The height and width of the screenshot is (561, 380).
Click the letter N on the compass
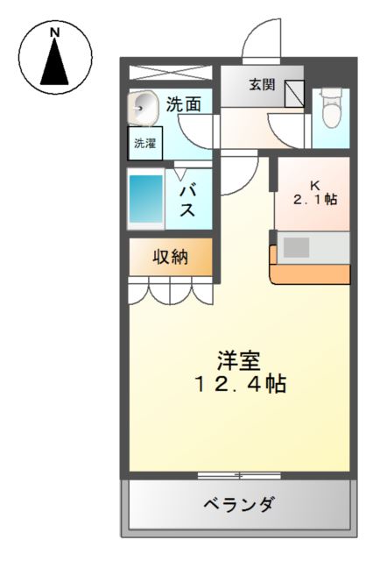point(54,33)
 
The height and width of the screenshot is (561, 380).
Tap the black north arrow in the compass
point(54,61)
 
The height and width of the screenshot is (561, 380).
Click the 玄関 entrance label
point(262,84)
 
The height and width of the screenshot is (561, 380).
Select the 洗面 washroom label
point(184,104)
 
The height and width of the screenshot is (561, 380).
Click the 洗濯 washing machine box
point(145,144)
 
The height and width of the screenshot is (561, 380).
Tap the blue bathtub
point(146,199)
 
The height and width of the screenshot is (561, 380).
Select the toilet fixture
point(331,108)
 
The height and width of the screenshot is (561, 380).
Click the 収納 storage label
point(171,257)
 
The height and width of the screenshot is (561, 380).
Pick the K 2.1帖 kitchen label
point(315,193)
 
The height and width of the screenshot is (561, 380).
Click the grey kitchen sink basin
point(296,247)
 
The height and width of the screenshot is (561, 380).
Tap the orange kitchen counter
point(310,274)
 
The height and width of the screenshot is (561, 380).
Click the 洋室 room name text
point(239,361)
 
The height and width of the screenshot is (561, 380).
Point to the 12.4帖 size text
point(240,384)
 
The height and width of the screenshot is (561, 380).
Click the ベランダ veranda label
point(239,505)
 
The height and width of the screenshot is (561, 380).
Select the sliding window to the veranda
point(239,475)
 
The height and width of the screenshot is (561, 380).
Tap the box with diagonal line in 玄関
point(294,94)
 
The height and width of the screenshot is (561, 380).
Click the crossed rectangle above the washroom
point(171,73)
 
